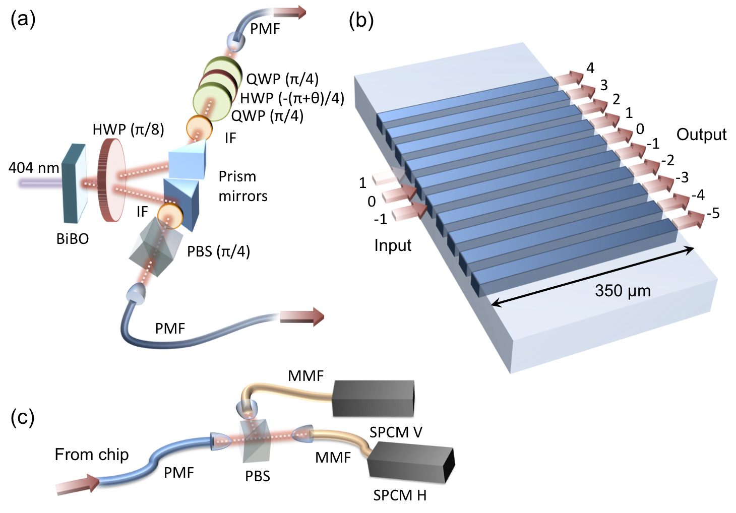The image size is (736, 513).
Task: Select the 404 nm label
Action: click(33, 168)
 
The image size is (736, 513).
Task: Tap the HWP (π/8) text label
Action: click(128, 130)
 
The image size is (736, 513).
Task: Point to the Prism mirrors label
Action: click(243, 186)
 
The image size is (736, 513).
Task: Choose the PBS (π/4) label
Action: click(218, 251)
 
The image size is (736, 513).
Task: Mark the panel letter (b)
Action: click(361, 21)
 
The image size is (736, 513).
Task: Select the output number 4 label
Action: click(590, 68)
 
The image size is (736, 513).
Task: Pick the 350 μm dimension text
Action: click(623, 291)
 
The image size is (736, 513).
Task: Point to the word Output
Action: click(701, 135)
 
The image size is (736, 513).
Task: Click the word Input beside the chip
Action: click(393, 245)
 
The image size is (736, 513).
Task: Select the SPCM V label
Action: click(396, 432)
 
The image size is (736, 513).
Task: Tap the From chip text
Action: click(92, 455)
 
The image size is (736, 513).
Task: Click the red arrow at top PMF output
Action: click(289, 13)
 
